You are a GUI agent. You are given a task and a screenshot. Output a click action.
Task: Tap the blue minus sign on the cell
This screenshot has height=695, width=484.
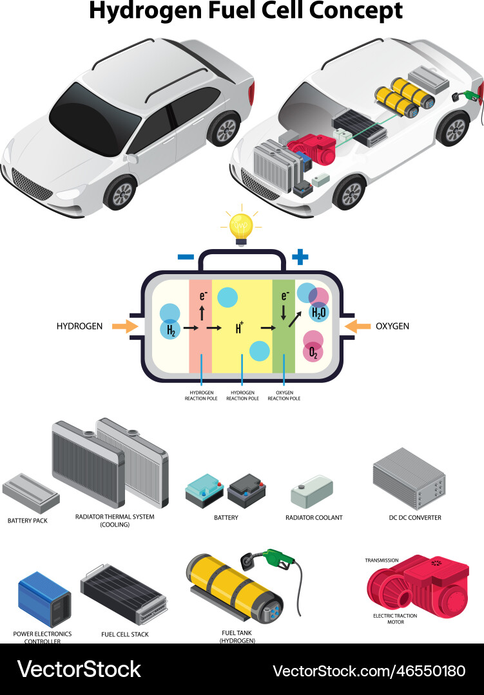[x=186, y=257]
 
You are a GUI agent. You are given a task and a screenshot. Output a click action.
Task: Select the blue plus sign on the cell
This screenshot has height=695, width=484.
[x=300, y=257]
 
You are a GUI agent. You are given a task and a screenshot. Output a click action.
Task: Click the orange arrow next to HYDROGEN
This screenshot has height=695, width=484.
[x=125, y=326]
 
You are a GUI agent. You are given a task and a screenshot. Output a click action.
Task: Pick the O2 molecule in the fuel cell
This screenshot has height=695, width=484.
[x=313, y=351]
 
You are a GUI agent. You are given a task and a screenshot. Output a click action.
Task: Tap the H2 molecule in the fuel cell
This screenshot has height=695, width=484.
[x=171, y=331]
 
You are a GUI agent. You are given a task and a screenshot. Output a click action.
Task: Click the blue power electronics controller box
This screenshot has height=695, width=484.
[x=44, y=600]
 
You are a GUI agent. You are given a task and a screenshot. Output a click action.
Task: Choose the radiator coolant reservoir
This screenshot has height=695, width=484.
[x=312, y=494]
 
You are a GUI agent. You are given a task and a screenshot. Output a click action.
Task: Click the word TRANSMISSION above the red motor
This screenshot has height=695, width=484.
[x=382, y=561]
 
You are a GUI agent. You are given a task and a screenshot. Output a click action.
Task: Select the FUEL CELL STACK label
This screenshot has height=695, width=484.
[x=124, y=635]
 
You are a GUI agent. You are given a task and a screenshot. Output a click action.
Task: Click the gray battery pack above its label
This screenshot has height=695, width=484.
[x=30, y=492]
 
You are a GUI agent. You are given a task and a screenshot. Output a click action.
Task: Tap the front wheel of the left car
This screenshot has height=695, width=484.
[x=121, y=192]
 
